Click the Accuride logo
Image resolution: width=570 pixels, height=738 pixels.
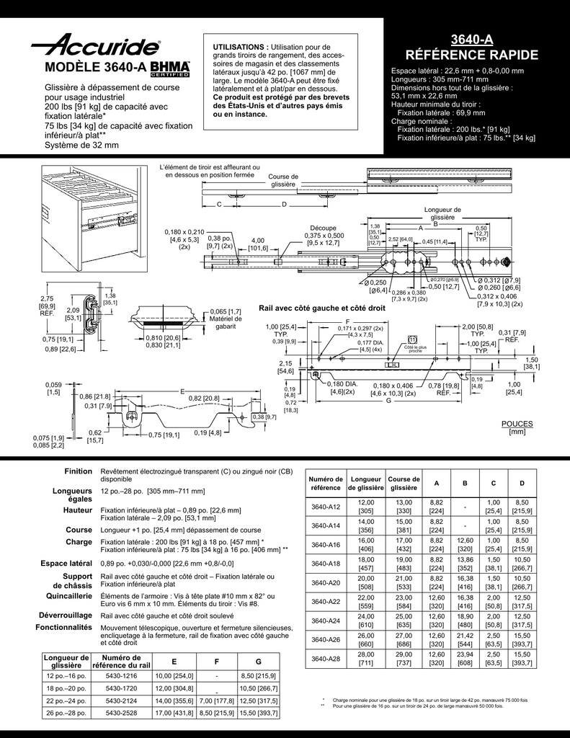click(x=95, y=47)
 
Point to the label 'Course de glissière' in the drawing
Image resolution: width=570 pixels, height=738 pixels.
click(x=282, y=180)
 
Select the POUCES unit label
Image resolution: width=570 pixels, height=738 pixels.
click(x=517, y=424)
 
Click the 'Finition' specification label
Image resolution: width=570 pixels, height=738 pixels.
click(x=78, y=471)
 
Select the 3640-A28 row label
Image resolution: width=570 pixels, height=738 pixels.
click(x=325, y=658)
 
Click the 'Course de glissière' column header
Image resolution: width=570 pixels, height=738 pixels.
click(x=404, y=484)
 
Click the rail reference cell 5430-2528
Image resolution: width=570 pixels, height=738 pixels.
click(x=121, y=713)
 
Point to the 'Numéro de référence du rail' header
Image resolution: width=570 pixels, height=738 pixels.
click(x=121, y=661)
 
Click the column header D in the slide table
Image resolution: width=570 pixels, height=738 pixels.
click(x=522, y=482)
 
